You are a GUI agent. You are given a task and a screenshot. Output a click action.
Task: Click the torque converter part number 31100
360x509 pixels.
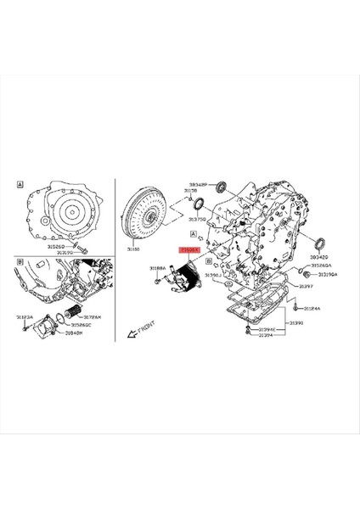point(135,250)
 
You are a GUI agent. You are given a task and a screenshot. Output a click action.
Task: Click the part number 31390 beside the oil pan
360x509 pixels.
point(296,323)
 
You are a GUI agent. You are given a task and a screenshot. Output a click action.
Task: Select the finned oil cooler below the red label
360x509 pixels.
point(187,276)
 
